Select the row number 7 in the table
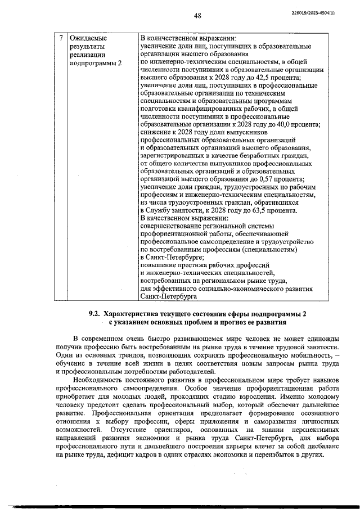[x=61, y=38]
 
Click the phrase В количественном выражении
[x=188, y=38]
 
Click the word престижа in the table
[x=194, y=265]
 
